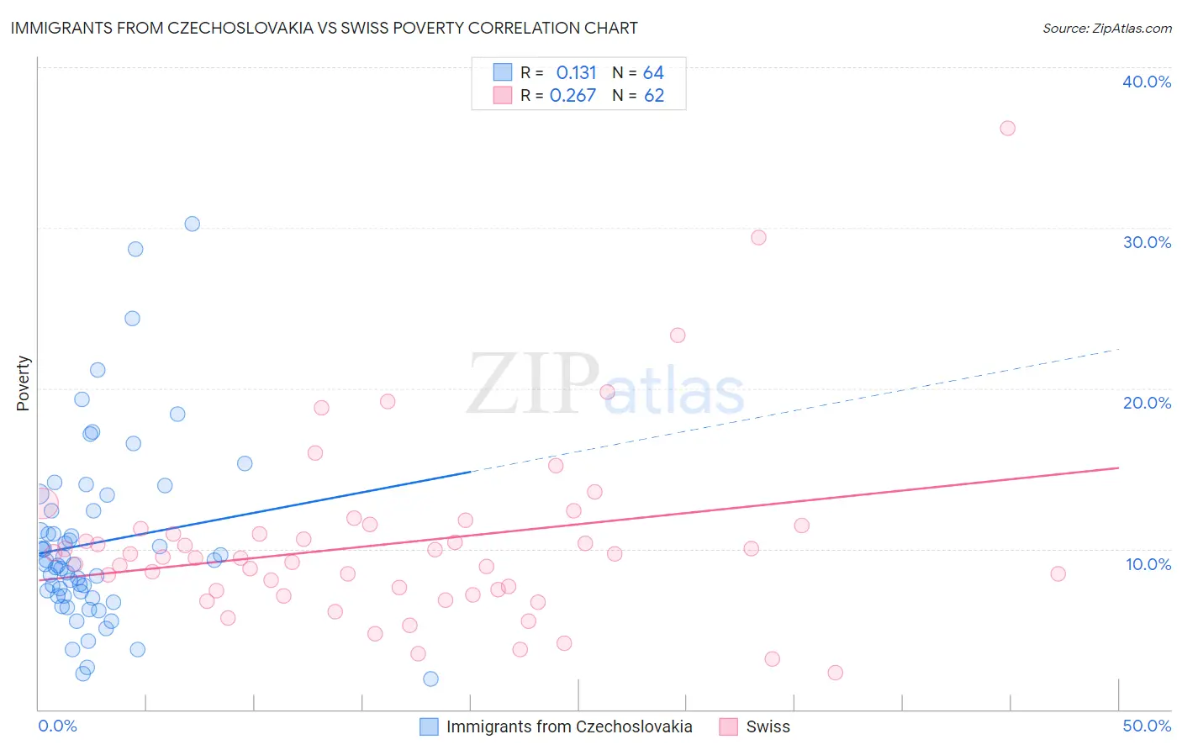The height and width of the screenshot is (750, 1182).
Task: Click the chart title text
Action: click(x=324, y=28)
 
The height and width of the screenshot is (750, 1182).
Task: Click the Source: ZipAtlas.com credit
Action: click(x=1106, y=28)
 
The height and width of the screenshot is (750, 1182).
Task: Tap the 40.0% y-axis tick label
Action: click(x=1147, y=82)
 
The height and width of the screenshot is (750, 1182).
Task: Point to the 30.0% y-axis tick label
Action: click(x=1147, y=242)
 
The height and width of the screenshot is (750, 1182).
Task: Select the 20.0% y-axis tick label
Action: click(x=1147, y=403)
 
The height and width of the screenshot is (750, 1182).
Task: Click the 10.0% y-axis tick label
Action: click(x=1147, y=564)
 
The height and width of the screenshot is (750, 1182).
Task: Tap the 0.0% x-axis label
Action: click(x=57, y=726)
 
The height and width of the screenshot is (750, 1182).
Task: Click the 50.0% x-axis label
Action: click(x=1147, y=726)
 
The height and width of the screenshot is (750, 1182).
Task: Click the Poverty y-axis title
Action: click(x=23, y=383)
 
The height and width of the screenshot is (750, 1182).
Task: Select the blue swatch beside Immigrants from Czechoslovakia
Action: click(x=429, y=726)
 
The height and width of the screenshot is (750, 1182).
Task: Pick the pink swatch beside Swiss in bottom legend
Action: click(x=728, y=726)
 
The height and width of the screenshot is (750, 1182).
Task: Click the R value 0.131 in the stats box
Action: click(x=576, y=73)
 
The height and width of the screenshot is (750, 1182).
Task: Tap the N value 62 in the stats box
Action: click(x=654, y=96)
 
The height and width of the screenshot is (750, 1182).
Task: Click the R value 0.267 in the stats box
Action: click(x=573, y=96)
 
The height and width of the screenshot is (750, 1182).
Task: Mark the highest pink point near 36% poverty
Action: click(x=1007, y=129)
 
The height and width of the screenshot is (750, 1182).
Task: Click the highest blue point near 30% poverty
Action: click(x=193, y=224)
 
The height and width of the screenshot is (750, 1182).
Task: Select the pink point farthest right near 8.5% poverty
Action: click(x=1058, y=573)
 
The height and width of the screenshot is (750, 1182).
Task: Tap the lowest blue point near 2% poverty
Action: click(x=430, y=679)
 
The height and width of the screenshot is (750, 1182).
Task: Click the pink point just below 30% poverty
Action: click(x=758, y=237)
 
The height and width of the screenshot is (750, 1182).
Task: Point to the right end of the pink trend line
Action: click(x=1118, y=467)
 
